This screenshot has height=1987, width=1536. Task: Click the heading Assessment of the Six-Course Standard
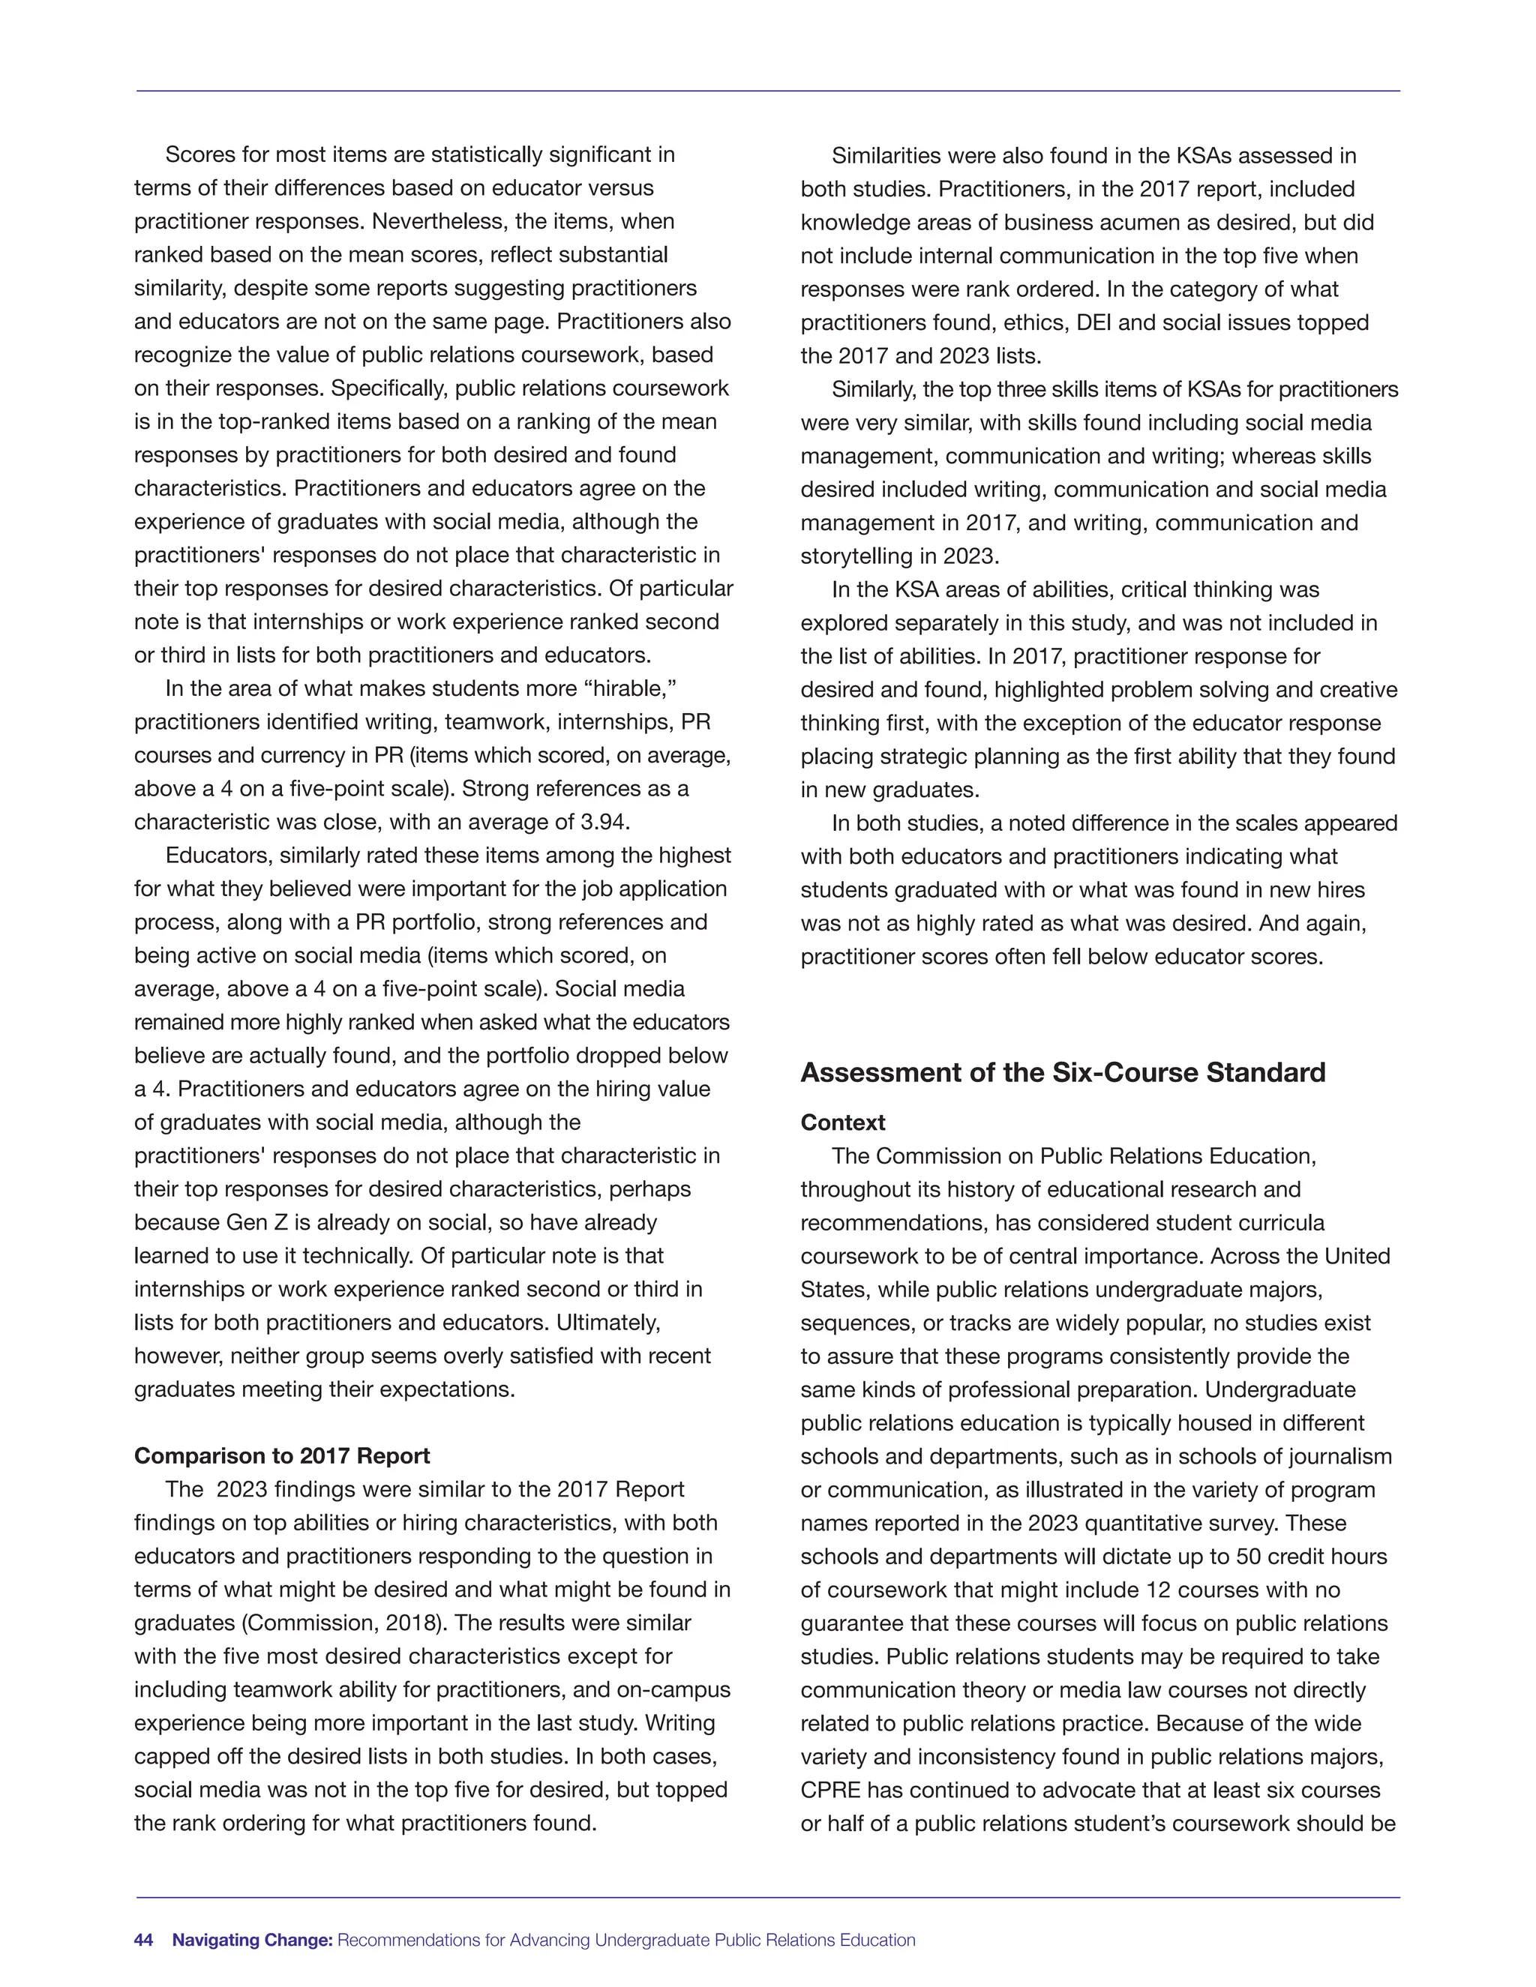pyautogui.click(x=1062, y=1073)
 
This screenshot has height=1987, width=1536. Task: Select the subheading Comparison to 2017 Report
pyautogui.click(x=282, y=1455)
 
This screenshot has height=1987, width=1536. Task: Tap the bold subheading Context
pyautogui.click(x=842, y=1122)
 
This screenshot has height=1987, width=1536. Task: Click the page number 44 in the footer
pyautogui.click(x=144, y=1940)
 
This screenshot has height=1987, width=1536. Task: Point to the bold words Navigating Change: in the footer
pyautogui.click(x=253, y=1940)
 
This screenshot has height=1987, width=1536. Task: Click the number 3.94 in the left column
pyautogui.click(x=603, y=823)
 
